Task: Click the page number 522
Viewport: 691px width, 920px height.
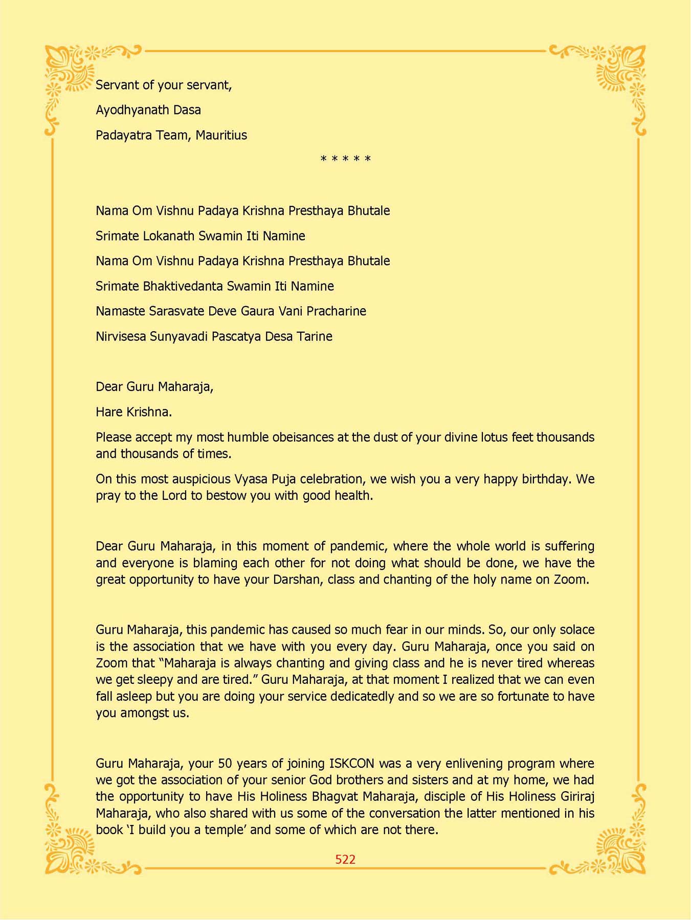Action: [345, 860]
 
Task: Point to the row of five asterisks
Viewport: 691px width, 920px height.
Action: [346, 159]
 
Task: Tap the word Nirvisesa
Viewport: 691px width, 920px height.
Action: [121, 336]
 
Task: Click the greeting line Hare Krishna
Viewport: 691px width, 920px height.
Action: [133, 412]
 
